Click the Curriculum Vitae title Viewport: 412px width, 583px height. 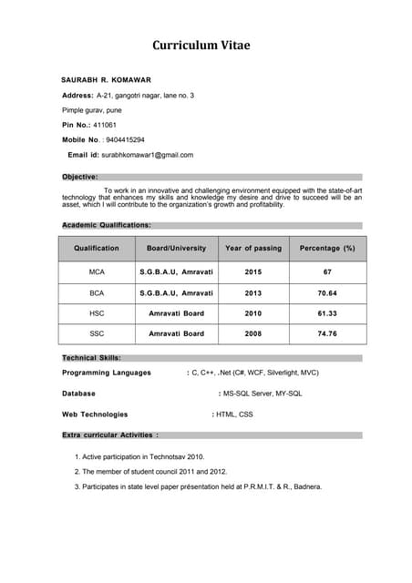(x=201, y=45)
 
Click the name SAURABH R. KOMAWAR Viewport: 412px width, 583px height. (x=106, y=80)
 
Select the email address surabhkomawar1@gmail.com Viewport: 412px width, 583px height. (x=148, y=155)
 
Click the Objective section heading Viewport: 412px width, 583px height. (x=79, y=177)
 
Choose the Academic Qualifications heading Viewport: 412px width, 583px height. (x=106, y=224)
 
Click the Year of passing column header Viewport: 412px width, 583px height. (x=253, y=248)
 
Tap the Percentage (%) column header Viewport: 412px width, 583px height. (x=327, y=248)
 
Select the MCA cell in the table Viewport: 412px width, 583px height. (x=97, y=272)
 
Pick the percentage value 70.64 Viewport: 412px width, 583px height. (x=327, y=293)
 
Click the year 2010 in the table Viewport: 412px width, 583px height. (x=253, y=313)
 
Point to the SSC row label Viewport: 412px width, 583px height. (x=97, y=334)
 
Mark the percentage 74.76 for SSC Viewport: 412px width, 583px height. (x=327, y=334)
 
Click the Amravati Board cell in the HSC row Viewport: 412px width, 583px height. (x=176, y=313)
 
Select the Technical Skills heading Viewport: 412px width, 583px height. (x=91, y=358)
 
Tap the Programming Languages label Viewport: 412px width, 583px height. (x=107, y=373)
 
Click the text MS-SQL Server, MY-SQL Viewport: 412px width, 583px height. (x=263, y=394)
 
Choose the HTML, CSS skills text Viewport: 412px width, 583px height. (x=234, y=414)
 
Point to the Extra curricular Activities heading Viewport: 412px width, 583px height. (x=110, y=435)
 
